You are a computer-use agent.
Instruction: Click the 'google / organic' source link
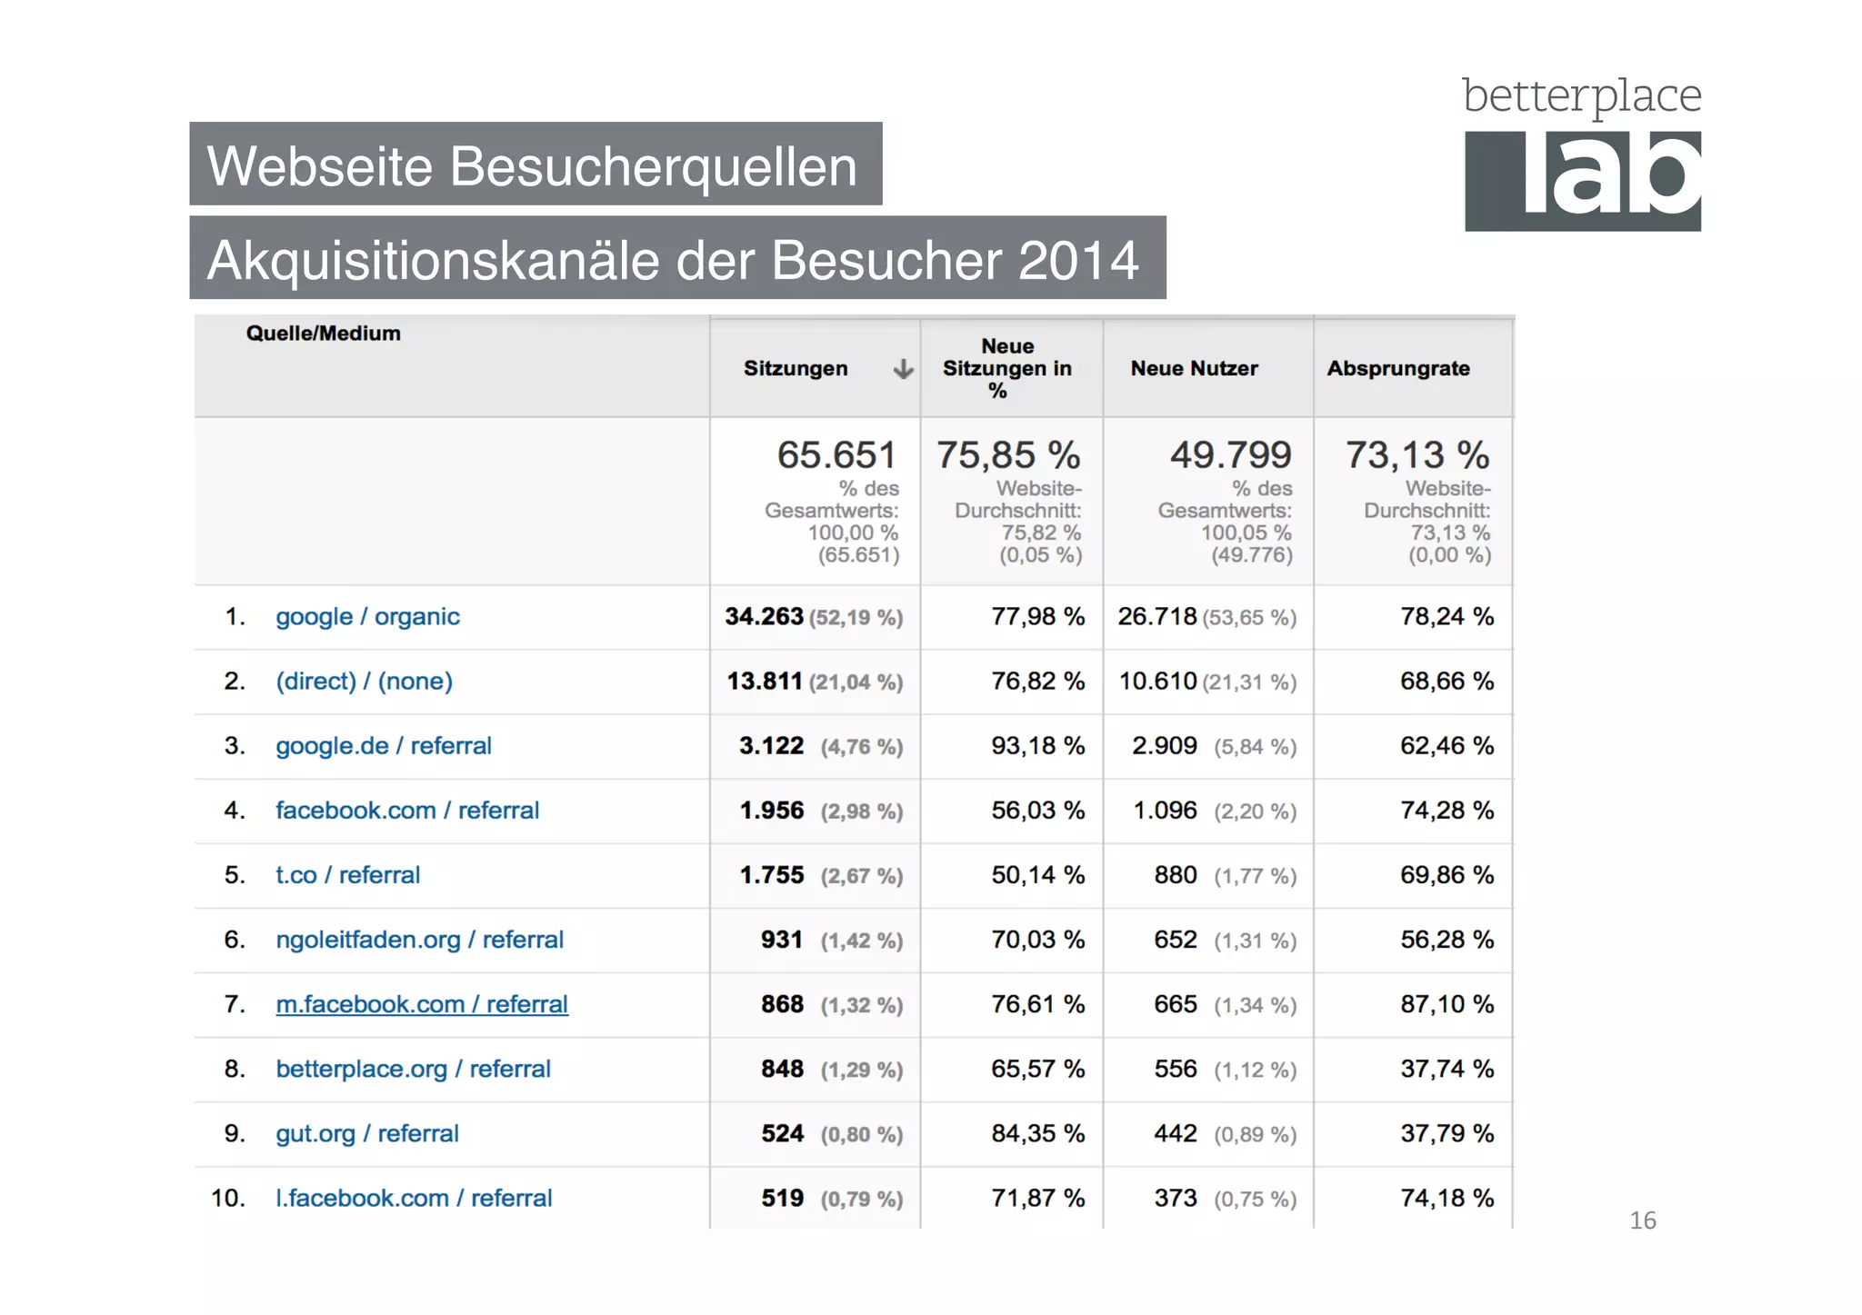point(367,616)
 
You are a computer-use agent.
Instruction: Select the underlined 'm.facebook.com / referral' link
point(422,1004)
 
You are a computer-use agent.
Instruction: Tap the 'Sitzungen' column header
point(796,368)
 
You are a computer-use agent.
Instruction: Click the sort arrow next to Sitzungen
point(903,369)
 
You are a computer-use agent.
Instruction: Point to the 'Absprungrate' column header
point(1398,368)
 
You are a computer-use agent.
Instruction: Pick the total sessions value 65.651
point(836,454)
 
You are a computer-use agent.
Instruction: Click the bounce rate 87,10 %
point(1447,1004)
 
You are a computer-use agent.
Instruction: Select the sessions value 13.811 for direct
point(765,681)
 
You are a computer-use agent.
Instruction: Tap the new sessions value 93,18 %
point(1037,745)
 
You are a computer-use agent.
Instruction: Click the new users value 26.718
point(1157,616)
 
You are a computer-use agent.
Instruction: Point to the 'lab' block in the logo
point(1583,181)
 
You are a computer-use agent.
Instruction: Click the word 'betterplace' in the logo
point(1581,96)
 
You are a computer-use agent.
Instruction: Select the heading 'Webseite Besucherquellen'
point(534,165)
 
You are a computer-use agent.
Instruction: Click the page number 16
point(1642,1220)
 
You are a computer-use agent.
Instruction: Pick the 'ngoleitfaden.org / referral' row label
point(419,940)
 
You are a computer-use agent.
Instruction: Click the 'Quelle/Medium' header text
point(323,334)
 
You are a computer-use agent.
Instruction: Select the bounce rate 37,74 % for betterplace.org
point(1447,1069)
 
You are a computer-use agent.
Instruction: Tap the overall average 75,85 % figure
point(1007,454)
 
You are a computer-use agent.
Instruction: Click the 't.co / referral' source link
point(347,875)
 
